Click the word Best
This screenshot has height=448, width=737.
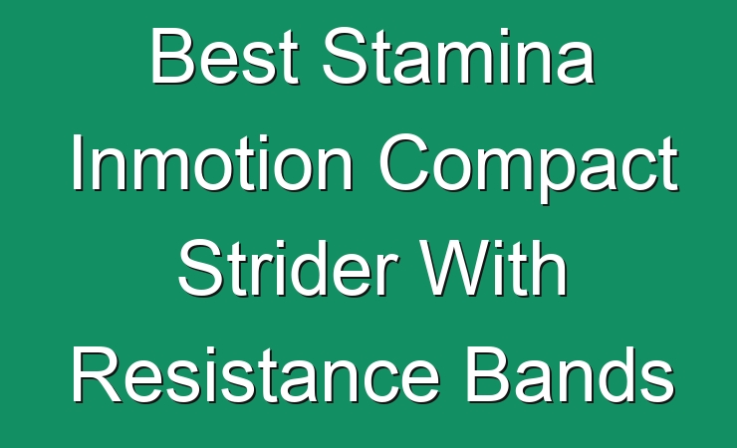224,56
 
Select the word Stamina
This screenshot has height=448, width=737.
459,56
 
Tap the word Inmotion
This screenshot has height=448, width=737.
212,162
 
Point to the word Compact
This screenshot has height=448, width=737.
528,167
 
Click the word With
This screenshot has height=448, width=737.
495,268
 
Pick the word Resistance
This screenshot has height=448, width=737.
256,374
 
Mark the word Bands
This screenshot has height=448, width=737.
570,374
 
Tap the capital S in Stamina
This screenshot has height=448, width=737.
346,56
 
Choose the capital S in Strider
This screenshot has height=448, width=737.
201,268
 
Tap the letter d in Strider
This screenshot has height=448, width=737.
305,268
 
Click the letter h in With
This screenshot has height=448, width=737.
551,268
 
